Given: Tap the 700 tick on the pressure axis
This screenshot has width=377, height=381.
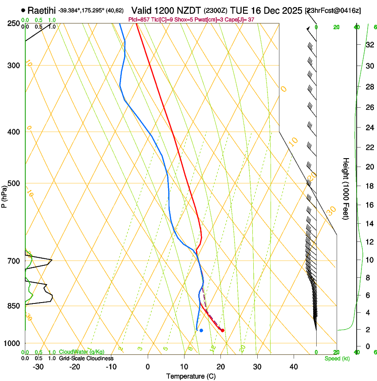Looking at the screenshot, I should [13, 261].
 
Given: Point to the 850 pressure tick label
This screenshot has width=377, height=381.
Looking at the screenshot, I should [13, 306].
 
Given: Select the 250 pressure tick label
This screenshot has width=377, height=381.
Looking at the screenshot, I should [13, 23].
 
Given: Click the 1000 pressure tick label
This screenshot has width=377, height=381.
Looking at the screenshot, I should [12, 343].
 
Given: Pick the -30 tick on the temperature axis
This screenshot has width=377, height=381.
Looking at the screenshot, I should [38, 367].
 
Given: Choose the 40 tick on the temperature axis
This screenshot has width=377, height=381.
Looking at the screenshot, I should [293, 367].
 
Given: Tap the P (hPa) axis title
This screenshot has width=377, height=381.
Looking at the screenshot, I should [4, 195].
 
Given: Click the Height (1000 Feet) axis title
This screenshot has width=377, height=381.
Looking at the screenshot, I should [346, 188].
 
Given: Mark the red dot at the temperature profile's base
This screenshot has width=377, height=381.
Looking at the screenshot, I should [223, 330].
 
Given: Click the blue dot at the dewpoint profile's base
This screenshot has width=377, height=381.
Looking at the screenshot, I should [201, 330].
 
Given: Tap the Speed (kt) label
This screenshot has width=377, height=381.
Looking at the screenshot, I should [337, 358].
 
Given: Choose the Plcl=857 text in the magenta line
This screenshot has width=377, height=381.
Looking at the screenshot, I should [138, 19].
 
